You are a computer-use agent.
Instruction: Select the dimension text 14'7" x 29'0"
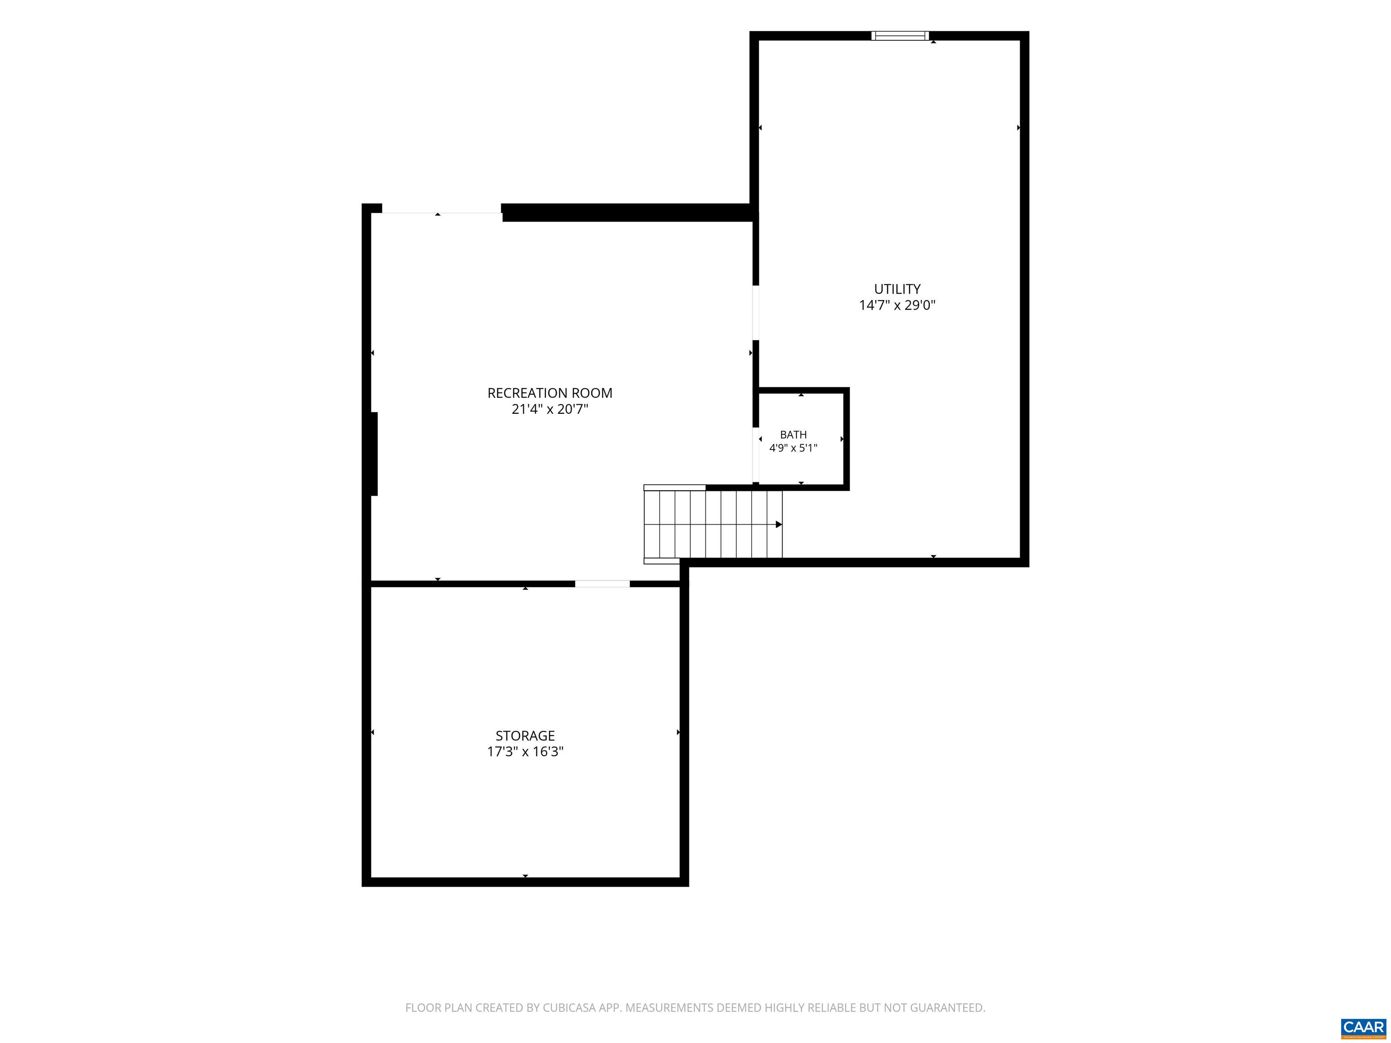click(x=897, y=306)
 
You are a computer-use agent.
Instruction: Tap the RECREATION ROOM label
click(x=550, y=393)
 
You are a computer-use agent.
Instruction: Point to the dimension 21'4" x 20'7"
click(x=550, y=409)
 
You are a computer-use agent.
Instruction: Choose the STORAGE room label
click(x=525, y=736)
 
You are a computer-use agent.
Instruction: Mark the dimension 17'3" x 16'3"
click(x=525, y=752)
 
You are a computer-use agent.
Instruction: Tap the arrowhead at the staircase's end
click(x=779, y=524)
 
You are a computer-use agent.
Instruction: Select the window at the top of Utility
click(x=900, y=36)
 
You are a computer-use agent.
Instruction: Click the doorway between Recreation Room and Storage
click(x=602, y=584)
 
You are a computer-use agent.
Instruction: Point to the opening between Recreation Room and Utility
click(x=756, y=313)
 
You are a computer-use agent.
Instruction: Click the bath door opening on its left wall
click(x=756, y=455)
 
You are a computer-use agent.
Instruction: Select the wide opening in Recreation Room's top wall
click(x=441, y=209)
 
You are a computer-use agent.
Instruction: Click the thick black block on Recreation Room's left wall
click(x=374, y=454)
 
